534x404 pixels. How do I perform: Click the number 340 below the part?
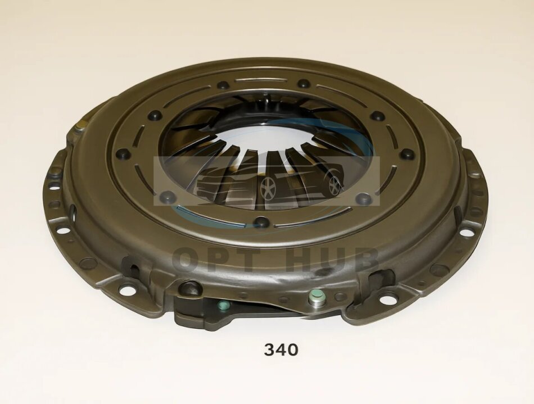[x=281, y=349]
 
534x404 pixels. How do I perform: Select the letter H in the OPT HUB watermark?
[x=300, y=260]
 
